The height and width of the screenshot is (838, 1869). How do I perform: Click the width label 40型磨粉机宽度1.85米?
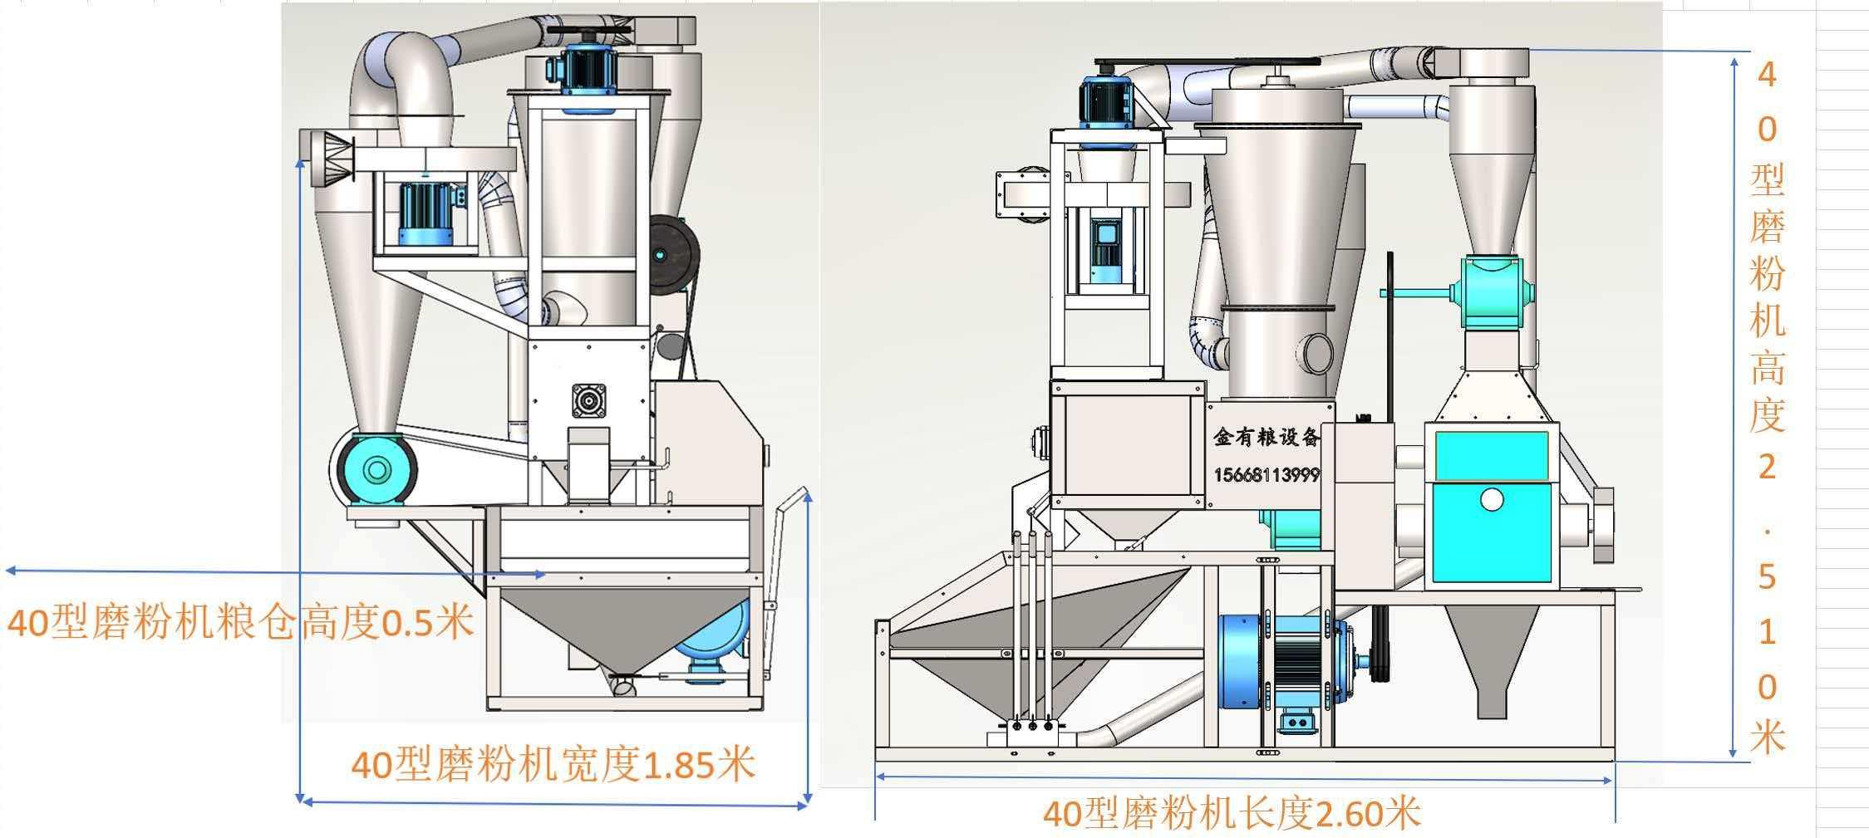(553, 764)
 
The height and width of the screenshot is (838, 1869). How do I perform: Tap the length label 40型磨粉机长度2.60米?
(1231, 813)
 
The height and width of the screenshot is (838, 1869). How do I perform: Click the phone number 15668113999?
(1266, 475)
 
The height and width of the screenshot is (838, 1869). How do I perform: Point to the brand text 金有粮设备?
(1266, 438)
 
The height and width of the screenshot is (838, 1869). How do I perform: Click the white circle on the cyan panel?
(1492, 500)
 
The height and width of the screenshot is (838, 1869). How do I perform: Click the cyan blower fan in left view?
(376, 470)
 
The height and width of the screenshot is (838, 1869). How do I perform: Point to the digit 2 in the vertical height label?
(1767, 468)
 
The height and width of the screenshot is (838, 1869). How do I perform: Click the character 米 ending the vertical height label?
(1767, 736)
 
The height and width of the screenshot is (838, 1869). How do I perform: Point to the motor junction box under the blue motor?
(1298, 723)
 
